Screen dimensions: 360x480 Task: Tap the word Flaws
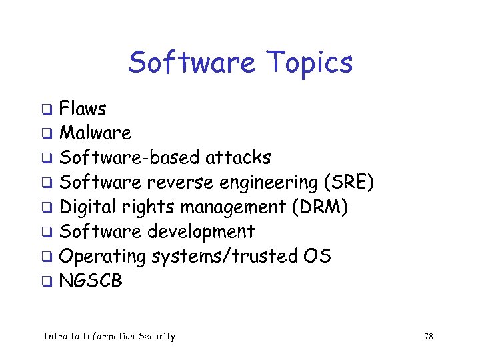83,109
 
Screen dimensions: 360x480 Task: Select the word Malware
95,133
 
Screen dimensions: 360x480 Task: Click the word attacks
238,158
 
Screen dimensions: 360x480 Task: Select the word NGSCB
91,281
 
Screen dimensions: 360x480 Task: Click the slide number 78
429,337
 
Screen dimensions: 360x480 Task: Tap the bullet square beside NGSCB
47,281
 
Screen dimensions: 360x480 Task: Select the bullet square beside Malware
47,134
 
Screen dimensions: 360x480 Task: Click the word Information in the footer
109,337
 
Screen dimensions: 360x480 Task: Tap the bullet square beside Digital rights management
47,207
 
